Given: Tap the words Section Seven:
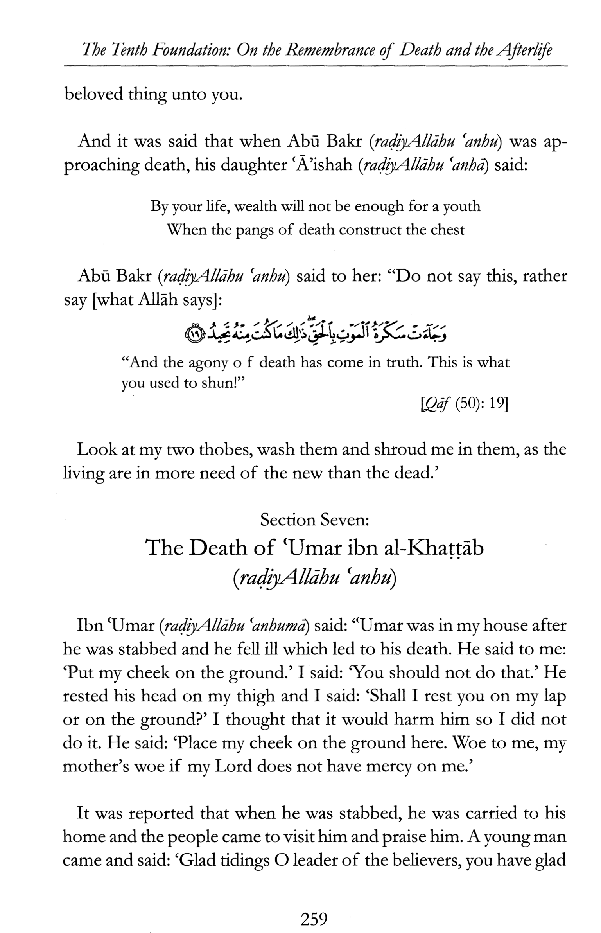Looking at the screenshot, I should click(x=315, y=520).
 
